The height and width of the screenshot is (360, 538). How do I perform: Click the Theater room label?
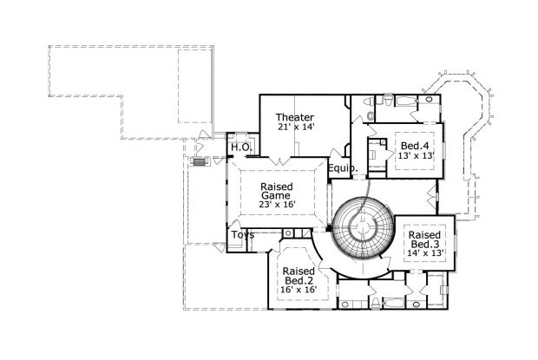(x=295, y=117)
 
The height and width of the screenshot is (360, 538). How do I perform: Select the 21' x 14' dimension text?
(x=295, y=128)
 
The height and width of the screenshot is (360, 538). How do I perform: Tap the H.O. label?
(x=240, y=147)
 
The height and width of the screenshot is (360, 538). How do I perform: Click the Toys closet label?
(x=242, y=235)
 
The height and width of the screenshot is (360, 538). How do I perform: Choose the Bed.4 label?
(x=414, y=145)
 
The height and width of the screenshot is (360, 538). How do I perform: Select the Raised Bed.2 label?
(x=299, y=276)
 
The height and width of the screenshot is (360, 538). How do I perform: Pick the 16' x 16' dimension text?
(x=299, y=291)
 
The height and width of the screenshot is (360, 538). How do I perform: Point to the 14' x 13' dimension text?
(x=426, y=252)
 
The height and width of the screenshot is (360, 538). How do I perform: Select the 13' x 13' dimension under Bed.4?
(x=414, y=156)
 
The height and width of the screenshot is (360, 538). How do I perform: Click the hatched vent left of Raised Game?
(x=199, y=162)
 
